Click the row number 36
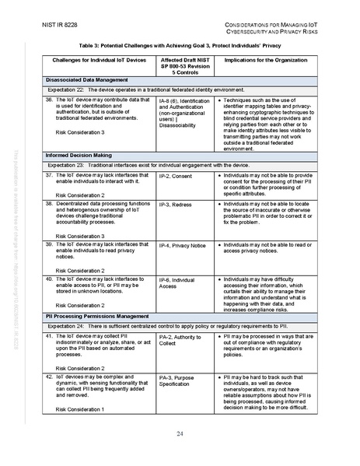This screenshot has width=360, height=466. point(50,101)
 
